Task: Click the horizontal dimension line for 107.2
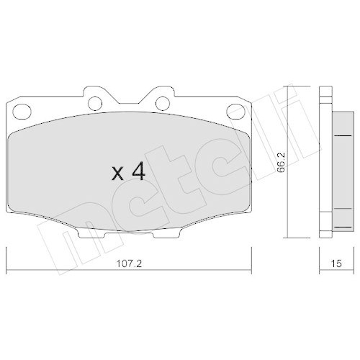(x=72, y=248)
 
